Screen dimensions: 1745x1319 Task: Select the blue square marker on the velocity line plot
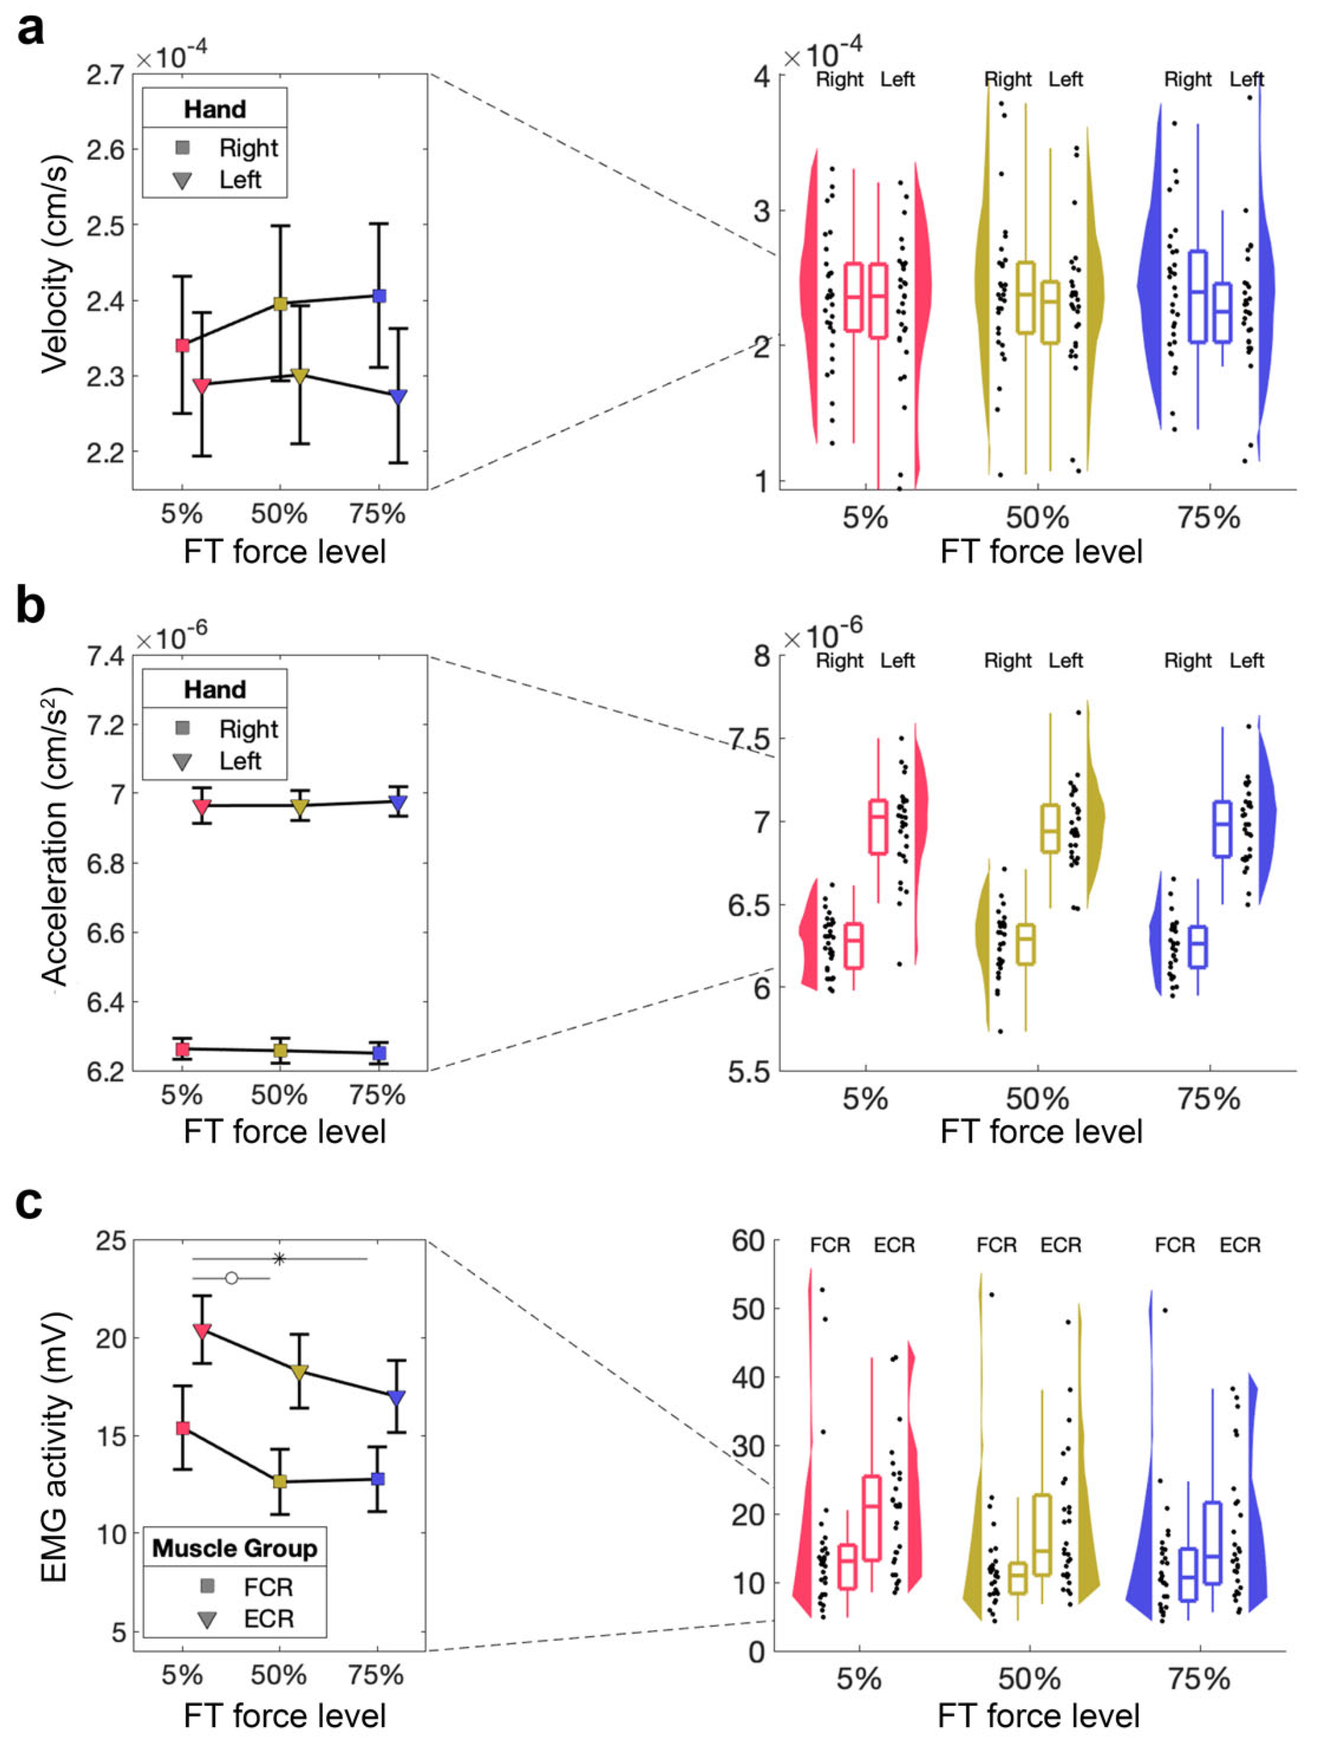click(379, 296)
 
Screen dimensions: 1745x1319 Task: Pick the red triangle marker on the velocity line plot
click(202, 386)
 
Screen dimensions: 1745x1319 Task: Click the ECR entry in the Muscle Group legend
click(268, 1619)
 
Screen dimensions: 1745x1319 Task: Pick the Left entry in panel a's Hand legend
click(240, 180)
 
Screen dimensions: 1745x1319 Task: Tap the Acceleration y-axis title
click(55, 836)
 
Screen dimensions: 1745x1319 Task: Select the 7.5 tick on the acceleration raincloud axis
click(749, 739)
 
